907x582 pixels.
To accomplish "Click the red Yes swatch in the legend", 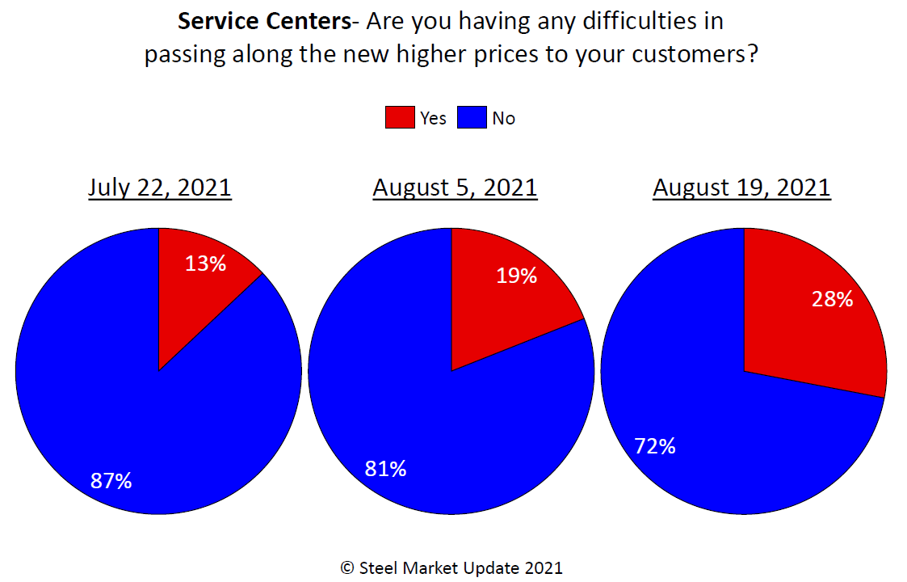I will click(399, 118).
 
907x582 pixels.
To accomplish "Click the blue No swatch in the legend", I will click(472, 118).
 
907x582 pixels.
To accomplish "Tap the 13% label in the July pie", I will click(205, 263).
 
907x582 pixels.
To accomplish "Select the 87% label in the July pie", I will click(111, 481).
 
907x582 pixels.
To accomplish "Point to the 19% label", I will click(516, 276).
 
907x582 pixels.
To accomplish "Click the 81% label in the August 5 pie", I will click(385, 468).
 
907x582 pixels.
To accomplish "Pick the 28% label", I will click(832, 299).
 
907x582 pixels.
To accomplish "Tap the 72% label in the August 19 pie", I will click(654, 445).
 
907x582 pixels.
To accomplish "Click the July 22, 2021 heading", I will click(160, 188).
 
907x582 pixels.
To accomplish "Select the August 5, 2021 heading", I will click(455, 188).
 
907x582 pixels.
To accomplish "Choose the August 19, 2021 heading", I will click(741, 188).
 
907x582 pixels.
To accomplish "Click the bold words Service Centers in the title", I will click(264, 21).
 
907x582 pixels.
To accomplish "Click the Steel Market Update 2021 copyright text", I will click(451, 567).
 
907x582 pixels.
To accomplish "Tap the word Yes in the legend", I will click(433, 118).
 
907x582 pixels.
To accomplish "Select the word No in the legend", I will click(503, 118).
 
